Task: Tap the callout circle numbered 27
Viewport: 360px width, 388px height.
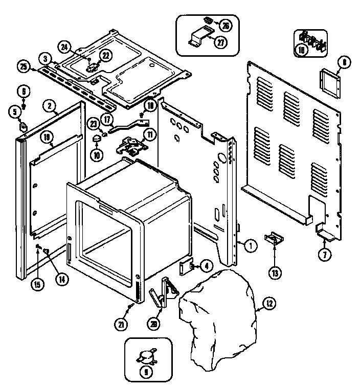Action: [219, 43]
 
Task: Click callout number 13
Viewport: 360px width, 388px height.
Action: [276, 274]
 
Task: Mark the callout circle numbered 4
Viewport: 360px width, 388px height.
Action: [206, 266]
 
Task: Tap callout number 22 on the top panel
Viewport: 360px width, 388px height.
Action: [105, 55]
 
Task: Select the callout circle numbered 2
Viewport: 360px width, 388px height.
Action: [49, 106]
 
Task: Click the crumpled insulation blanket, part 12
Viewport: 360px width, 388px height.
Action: [220, 317]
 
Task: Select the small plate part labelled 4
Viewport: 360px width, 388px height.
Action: [185, 267]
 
